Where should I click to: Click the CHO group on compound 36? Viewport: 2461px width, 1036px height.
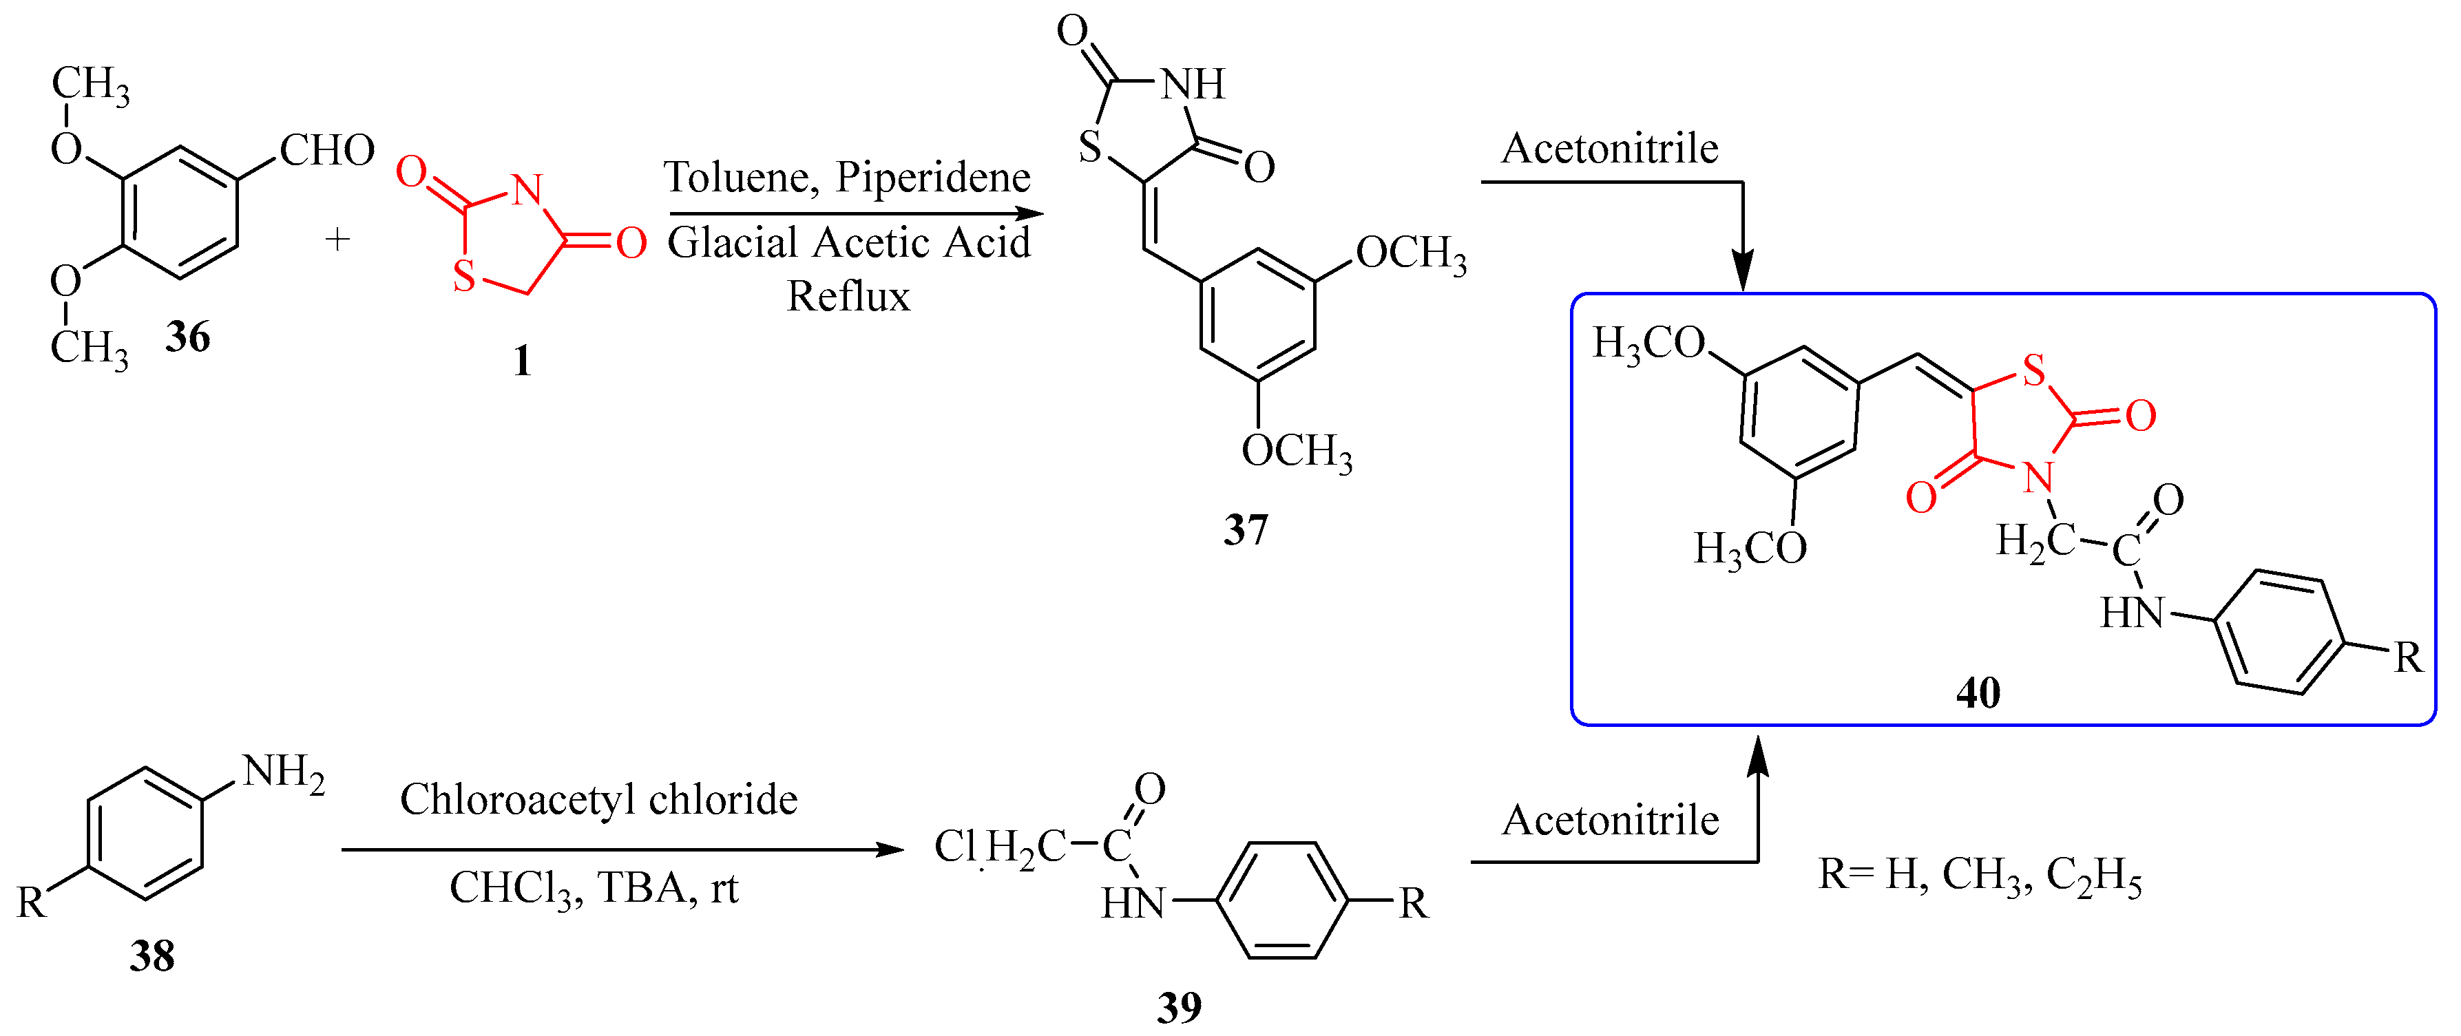[326, 151]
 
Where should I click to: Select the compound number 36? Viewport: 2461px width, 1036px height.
[187, 337]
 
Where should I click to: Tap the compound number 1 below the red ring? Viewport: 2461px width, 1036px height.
[522, 361]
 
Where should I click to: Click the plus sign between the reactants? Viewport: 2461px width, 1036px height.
[337, 239]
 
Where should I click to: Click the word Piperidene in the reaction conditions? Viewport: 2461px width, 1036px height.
[934, 178]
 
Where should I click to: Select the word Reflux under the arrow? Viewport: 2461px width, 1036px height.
[848, 297]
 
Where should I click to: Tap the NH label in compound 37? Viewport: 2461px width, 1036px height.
[1193, 84]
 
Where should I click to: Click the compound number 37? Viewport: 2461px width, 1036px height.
[1246, 530]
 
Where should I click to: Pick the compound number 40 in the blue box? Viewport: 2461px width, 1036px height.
[1978, 693]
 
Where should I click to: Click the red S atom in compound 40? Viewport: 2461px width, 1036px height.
[2034, 370]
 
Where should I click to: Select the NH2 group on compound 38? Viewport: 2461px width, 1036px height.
[284, 772]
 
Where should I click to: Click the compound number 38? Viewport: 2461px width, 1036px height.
[152, 955]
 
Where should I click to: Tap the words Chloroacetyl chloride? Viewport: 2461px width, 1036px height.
[598, 800]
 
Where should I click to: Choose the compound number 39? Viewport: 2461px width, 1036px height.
[1179, 1007]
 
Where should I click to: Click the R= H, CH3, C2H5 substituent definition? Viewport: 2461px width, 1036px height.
[1980, 875]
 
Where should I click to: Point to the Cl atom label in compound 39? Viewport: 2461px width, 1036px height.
[954, 846]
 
